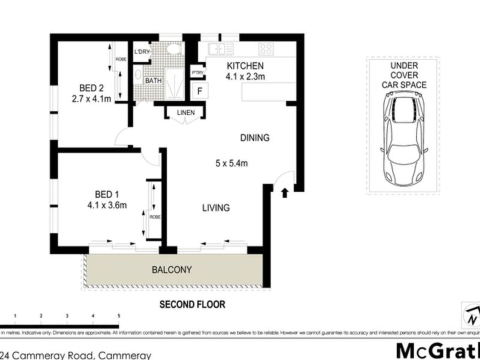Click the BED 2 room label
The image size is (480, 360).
pyautogui.click(x=91, y=88)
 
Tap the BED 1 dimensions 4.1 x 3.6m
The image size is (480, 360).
pyautogui.click(x=107, y=205)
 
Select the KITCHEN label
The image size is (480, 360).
pyautogui.click(x=245, y=66)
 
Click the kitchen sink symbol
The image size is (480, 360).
pyautogui.click(x=221, y=49)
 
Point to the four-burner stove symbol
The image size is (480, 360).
pyautogui.click(x=266, y=49)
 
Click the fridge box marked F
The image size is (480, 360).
pyautogui.click(x=200, y=91)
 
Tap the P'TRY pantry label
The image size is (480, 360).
pyautogui.click(x=197, y=73)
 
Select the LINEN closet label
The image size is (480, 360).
pyautogui.click(x=186, y=112)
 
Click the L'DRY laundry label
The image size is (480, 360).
pyautogui.click(x=142, y=52)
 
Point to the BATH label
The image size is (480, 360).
pyautogui.click(x=153, y=81)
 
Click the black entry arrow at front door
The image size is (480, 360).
pyautogui.click(x=285, y=193)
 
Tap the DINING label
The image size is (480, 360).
pyautogui.click(x=255, y=138)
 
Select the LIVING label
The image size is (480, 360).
pyautogui.click(x=216, y=208)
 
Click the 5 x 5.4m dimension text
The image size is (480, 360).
pyautogui.click(x=231, y=163)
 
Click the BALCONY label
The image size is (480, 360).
pyautogui.click(x=172, y=270)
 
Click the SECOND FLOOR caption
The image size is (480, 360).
pyautogui.click(x=192, y=304)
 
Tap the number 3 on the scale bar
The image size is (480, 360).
pyautogui.click(x=67, y=316)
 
